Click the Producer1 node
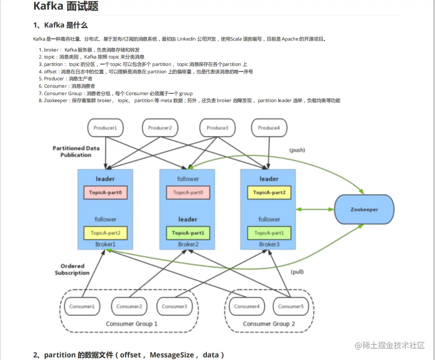pos(106,128)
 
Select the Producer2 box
pos(160,128)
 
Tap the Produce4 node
pos(269,128)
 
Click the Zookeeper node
pos(364,209)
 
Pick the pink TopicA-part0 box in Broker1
pos(106,192)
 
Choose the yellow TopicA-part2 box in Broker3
pos(269,192)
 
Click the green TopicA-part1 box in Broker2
pos(188,233)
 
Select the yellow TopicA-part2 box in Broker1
pos(106,233)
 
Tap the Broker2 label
pos(188,244)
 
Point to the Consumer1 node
pos(82,306)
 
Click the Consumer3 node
pos(175,306)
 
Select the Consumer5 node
pos(291,306)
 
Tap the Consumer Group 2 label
pos(269,324)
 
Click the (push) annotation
pos(297,150)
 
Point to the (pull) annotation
pos(297,272)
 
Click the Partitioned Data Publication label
pos(76,151)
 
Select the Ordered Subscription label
pos(72,270)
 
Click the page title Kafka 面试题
pos(66,6)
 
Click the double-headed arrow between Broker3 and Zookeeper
pos(315,209)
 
